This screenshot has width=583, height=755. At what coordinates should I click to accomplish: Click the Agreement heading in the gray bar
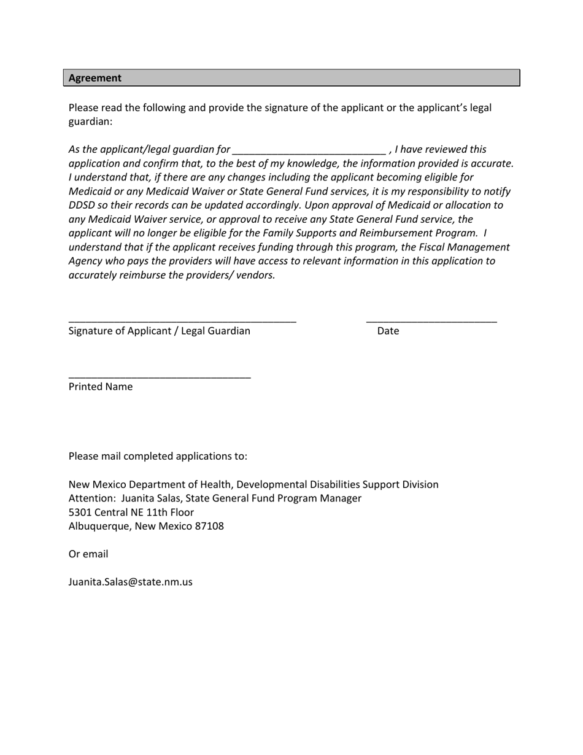click(95, 78)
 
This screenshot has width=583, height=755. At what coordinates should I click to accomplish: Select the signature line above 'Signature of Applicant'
click(182, 320)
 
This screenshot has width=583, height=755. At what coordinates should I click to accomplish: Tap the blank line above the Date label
click(431, 320)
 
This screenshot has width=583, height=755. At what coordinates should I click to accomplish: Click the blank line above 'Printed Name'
click(160, 377)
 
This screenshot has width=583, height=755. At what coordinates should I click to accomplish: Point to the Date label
click(388, 331)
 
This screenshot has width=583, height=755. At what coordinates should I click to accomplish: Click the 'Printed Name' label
click(101, 387)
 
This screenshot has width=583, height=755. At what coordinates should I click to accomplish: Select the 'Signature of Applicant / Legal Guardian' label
click(160, 331)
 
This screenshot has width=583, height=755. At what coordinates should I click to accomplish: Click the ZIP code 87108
click(209, 526)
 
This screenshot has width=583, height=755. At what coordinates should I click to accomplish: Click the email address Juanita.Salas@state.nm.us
click(130, 582)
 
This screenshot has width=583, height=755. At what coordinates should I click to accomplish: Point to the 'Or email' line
click(88, 554)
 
